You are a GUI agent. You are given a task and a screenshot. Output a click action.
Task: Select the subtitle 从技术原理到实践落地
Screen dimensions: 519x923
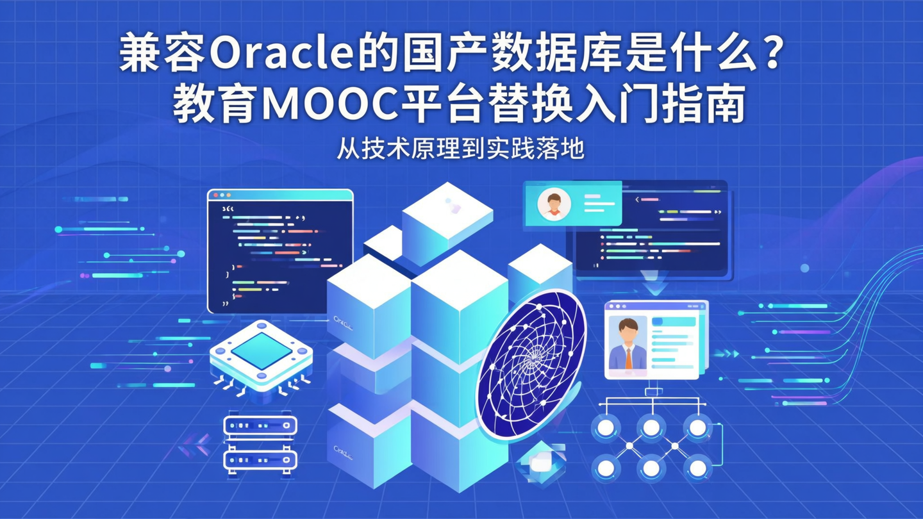461,149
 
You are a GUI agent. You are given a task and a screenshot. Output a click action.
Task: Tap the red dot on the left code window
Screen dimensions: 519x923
215,195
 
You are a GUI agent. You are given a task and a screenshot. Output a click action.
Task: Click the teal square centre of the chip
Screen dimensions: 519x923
261,350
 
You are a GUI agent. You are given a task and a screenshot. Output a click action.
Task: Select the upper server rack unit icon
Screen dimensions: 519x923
260,425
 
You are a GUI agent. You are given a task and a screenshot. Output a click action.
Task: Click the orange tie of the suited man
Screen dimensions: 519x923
628,358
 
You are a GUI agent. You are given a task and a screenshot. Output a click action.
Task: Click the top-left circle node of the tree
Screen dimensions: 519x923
606,425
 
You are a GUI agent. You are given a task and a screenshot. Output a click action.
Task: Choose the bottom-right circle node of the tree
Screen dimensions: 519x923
697,467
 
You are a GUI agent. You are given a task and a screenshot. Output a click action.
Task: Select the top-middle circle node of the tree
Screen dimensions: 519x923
651,425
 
